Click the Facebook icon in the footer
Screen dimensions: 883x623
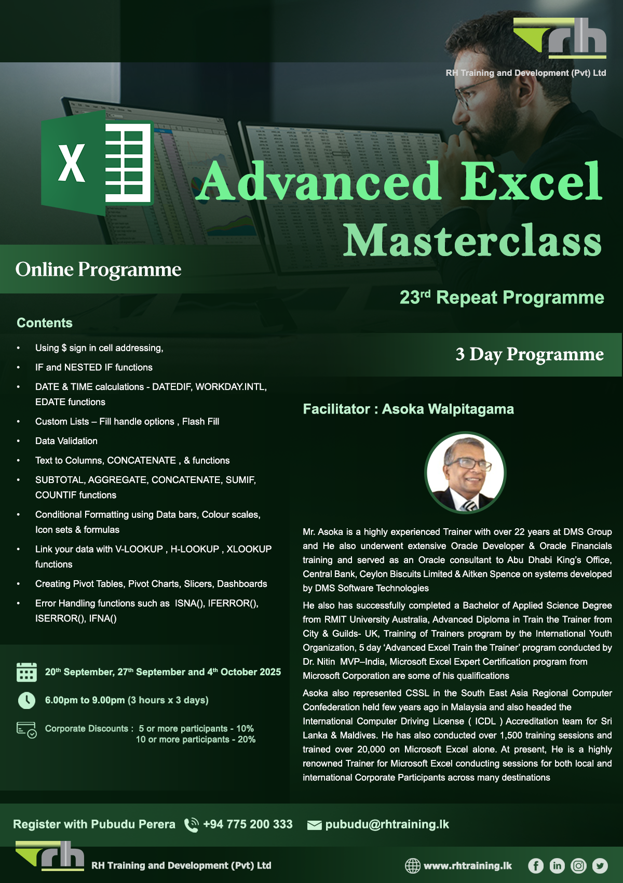536,865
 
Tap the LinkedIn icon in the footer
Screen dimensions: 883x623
557,865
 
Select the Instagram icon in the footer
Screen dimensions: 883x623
578,865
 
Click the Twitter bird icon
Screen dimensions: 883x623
600,865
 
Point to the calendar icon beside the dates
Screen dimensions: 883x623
26,672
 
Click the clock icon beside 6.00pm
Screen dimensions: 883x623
26,700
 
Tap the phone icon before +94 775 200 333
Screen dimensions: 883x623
192,825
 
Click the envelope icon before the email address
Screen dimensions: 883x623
314,825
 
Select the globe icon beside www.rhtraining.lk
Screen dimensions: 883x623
413,865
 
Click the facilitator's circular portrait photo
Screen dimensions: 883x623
465,473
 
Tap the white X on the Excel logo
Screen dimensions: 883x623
72,163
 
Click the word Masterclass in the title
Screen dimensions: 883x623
472,240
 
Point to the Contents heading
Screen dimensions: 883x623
45,323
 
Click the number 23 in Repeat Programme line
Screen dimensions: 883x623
410,298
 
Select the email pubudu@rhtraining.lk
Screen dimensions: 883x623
387,824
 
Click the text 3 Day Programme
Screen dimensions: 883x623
529,354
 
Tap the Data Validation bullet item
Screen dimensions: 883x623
66,441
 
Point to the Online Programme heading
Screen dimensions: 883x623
99,270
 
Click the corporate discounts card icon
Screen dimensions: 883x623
26,730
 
